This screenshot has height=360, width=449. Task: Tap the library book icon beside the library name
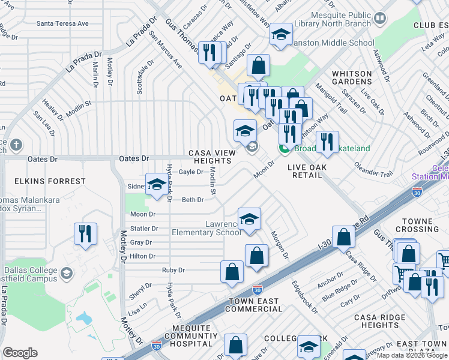coord(379,19)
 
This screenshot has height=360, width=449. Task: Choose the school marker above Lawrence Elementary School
coord(249,219)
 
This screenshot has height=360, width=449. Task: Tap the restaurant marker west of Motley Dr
coord(85,234)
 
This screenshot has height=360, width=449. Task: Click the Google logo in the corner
coord(20,353)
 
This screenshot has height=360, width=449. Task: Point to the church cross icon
coord(16,145)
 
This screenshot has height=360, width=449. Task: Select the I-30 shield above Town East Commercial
coord(257,289)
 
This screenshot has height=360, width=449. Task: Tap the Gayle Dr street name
coord(191,172)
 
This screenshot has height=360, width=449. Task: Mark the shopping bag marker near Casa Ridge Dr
coord(343,238)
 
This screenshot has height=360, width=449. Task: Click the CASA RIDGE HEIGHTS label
coord(376,321)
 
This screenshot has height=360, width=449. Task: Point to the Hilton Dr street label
coord(143,256)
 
